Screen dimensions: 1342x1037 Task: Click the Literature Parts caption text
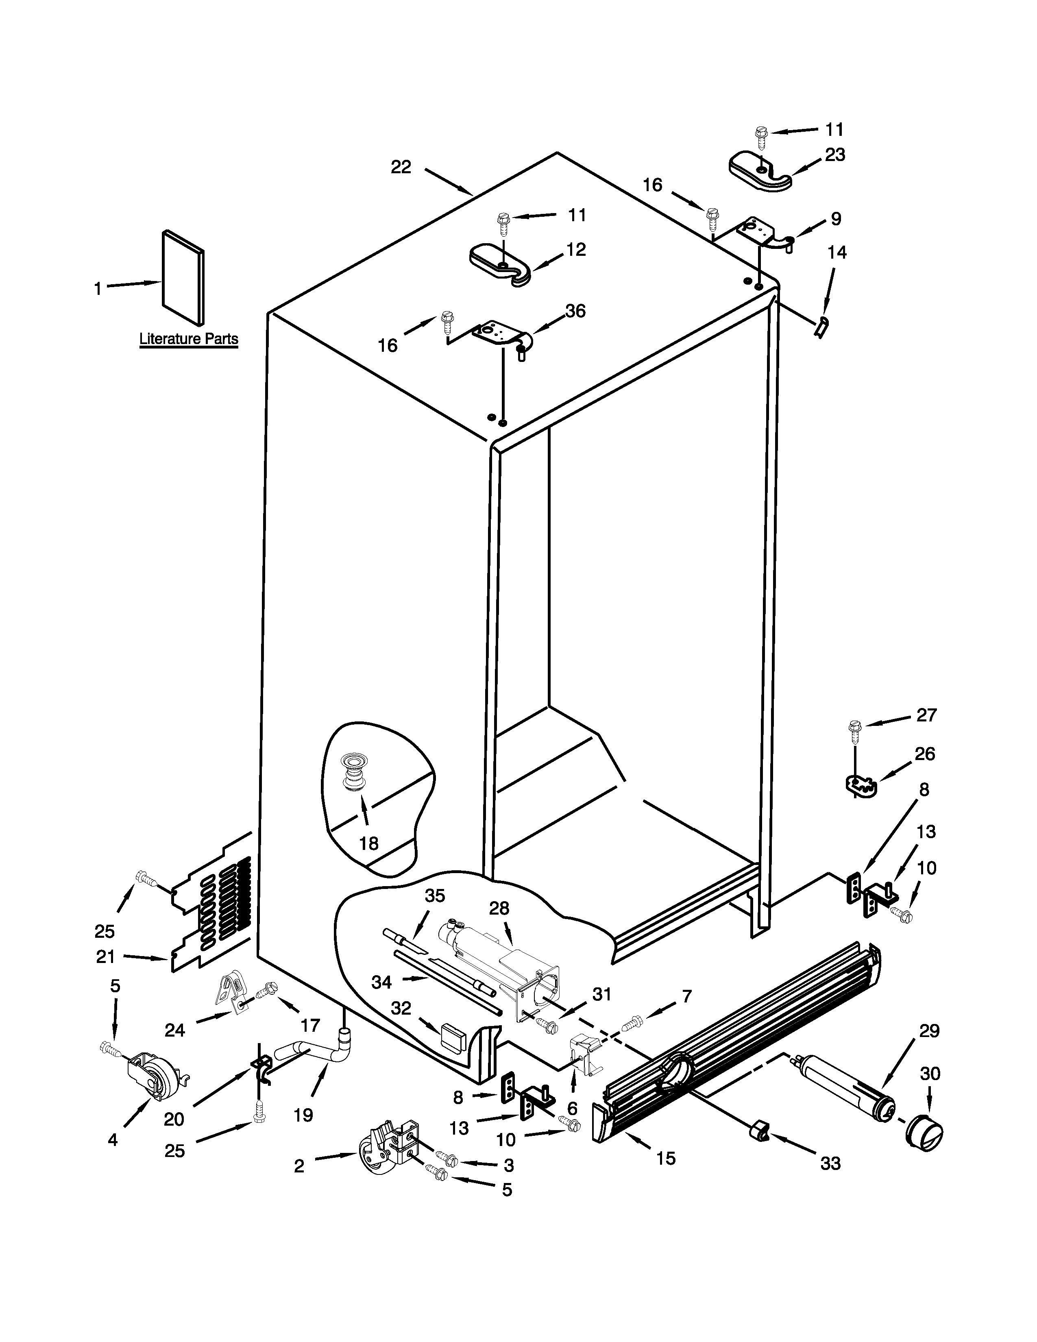tap(189, 339)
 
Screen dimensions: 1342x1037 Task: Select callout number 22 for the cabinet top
tap(401, 167)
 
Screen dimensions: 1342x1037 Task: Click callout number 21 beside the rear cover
tap(106, 957)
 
